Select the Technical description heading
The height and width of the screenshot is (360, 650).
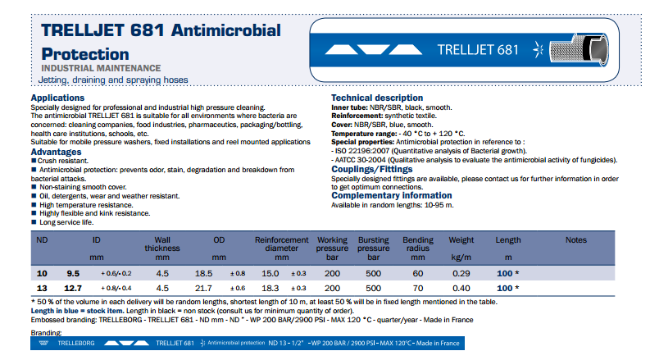click(x=376, y=98)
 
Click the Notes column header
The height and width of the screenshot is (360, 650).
click(x=576, y=239)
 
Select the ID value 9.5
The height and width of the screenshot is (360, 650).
click(x=73, y=272)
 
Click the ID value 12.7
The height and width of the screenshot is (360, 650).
click(x=72, y=289)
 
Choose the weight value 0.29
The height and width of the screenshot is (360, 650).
click(x=461, y=272)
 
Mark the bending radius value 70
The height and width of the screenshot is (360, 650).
click(x=418, y=289)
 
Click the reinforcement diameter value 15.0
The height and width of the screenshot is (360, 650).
click(x=270, y=272)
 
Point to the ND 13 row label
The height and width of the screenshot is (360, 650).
click(x=43, y=289)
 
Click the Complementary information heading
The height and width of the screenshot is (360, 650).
click(x=392, y=196)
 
